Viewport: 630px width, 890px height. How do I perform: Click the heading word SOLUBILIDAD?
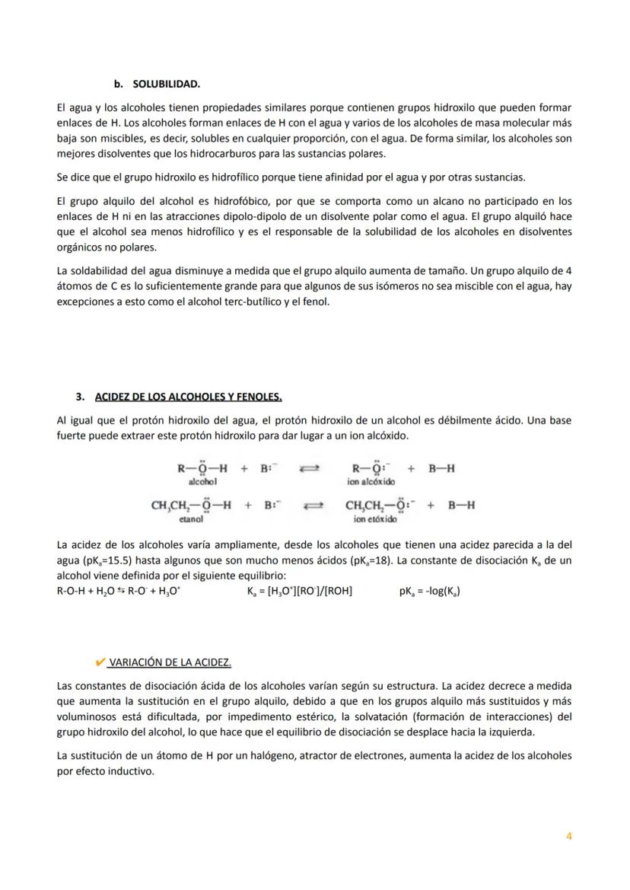coord(166,83)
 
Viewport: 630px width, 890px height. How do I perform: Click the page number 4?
coord(568,836)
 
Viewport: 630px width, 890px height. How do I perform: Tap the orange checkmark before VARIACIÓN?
coord(100,662)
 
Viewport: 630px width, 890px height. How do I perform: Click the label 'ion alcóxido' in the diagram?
coord(371,482)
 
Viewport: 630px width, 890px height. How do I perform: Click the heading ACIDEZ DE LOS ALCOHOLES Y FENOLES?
coord(188,397)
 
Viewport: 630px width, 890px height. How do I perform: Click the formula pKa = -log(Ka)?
coord(429,591)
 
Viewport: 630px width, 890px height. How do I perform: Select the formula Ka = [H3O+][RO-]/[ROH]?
coord(300,591)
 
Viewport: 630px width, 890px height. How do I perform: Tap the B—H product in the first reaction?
coord(441,468)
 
